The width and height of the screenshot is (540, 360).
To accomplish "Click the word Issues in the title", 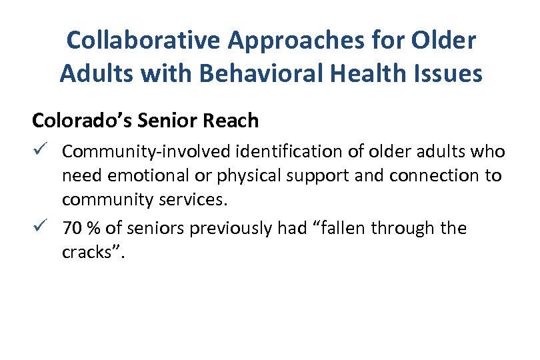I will tap(447, 73).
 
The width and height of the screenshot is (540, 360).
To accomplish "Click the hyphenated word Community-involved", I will tap(143, 152).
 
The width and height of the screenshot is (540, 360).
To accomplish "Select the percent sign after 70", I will tap(93, 229).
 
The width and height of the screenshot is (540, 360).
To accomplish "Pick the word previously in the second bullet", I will tap(229, 229).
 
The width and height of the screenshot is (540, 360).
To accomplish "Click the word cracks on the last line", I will tap(85, 253).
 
